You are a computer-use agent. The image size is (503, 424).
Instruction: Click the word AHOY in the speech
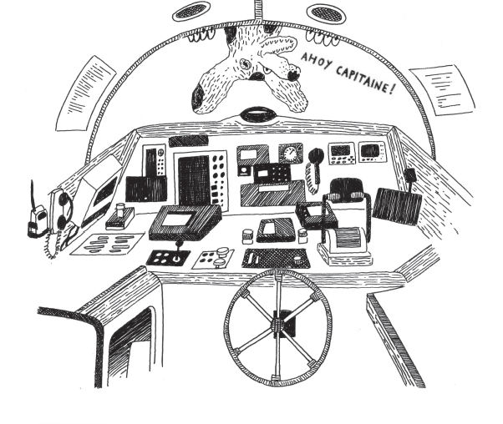click(317, 61)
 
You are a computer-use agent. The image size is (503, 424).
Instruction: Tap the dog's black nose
click(293, 76)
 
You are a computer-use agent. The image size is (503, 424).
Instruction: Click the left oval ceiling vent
click(191, 13)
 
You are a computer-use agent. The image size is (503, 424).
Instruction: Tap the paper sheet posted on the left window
click(80, 90)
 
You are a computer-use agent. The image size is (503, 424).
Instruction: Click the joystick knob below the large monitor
click(177, 246)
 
